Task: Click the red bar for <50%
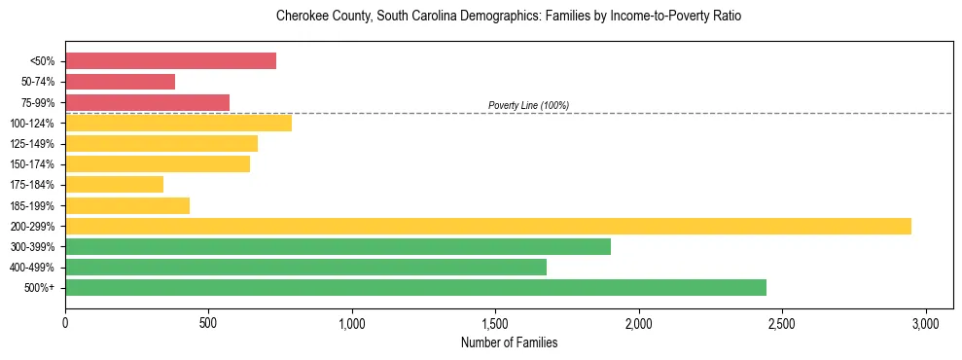(x=170, y=61)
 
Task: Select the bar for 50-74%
(x=120, y=82)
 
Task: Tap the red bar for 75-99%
(x=147, y=102)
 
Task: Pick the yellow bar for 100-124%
(x=178, y=123)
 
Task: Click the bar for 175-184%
(x=114, y=185)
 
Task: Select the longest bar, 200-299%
(x=487, y=226)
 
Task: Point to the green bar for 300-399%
(x=338, y=246)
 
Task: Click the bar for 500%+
(x=415, y=287)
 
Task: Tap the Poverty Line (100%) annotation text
(x=528, y=105)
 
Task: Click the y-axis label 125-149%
(x=32, y=144)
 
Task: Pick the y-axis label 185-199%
(x=32, y=206)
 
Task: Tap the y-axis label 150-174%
(x=32, y=164)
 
